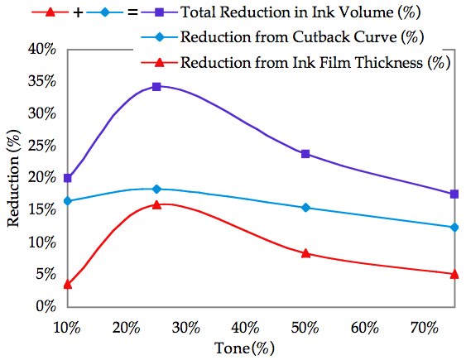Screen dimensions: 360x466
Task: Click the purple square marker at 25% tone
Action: (156, 86)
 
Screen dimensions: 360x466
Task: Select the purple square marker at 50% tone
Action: (305, 154)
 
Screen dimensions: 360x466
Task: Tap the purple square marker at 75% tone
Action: (454, 194)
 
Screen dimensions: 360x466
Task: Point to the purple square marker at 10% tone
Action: (68, 178)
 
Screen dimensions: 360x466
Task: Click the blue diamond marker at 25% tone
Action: (156, 190)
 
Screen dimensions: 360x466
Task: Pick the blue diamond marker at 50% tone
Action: (305, 208)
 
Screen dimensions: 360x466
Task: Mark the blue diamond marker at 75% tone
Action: (454, 227)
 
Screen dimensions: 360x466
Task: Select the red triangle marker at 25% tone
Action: (156, 204)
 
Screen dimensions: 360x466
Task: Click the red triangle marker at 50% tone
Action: (305, 253)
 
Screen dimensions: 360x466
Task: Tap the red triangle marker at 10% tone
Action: (68, 284)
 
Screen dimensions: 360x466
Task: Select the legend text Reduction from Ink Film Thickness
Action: (315, 63)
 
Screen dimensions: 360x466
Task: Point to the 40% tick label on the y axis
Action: (41, 49)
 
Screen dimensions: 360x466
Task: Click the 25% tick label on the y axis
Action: (41, 146)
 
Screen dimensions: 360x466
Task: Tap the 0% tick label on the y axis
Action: (45, 307)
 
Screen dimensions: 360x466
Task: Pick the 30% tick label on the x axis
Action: (186, 328)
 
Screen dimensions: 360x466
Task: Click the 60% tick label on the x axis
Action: (365, 328)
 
